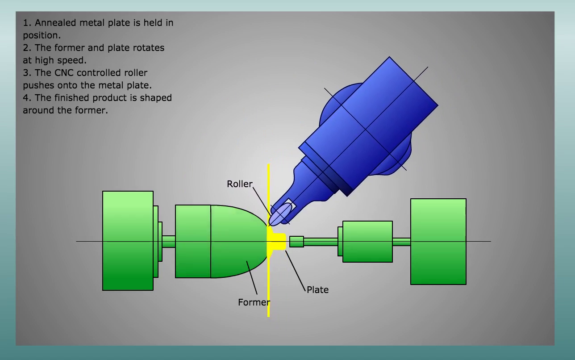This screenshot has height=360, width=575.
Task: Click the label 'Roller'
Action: point(240,184)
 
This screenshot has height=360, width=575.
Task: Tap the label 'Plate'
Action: point(317,289)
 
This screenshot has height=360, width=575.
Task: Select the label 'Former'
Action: point(254,302)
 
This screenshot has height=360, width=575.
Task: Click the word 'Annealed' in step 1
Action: point(55,23)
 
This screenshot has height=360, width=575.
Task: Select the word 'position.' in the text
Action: point(42,35)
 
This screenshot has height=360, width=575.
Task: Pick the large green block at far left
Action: point(128,241)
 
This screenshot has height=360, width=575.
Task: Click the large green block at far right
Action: point(438,241)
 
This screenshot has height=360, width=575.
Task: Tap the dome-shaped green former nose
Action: point(239,241)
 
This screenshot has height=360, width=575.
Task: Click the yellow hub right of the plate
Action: point(278,241)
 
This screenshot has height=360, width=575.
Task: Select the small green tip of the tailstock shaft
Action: point(296,242)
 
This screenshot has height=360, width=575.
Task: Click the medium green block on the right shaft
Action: point(367,241)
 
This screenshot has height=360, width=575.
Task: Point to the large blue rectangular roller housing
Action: point(368,126)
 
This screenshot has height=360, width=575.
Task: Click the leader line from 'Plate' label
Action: point(296,271)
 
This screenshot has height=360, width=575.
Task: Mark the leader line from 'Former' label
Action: point(252,277)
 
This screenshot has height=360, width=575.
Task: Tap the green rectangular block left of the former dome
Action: point(193,241)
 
